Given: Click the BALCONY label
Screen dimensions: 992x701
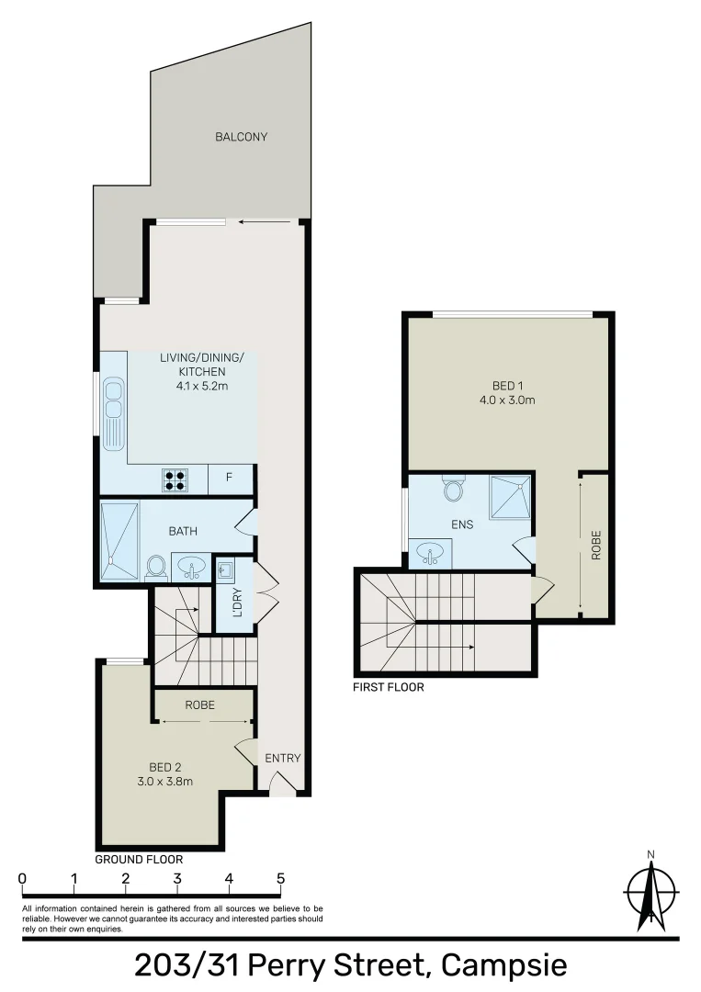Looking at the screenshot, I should click(241, 137).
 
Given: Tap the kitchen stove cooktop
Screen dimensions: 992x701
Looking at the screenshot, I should click(175, 479).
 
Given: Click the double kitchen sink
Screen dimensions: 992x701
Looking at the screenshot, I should click(113, 413).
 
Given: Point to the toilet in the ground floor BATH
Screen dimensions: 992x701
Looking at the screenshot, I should click(155, 566).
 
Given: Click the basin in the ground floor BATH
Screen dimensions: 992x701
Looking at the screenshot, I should click(191, 566).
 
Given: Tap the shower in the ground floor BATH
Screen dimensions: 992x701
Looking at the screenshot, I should click(119, 542).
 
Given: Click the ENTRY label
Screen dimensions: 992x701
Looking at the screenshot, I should click(282, 758).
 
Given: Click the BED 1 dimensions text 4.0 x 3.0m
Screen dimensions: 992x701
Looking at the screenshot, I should click(507, 400).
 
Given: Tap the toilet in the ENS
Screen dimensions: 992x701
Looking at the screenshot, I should click(452, 488).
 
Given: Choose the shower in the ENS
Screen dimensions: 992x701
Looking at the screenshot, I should click(510, 497).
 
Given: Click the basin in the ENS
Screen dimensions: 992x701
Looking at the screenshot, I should click(431, 553).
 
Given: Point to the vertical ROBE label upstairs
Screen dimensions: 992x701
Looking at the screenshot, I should click(596, 546).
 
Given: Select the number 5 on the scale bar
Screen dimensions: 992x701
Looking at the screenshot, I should click(280, 879).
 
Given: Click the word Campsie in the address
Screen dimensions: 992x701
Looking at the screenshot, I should click(504, 966).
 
